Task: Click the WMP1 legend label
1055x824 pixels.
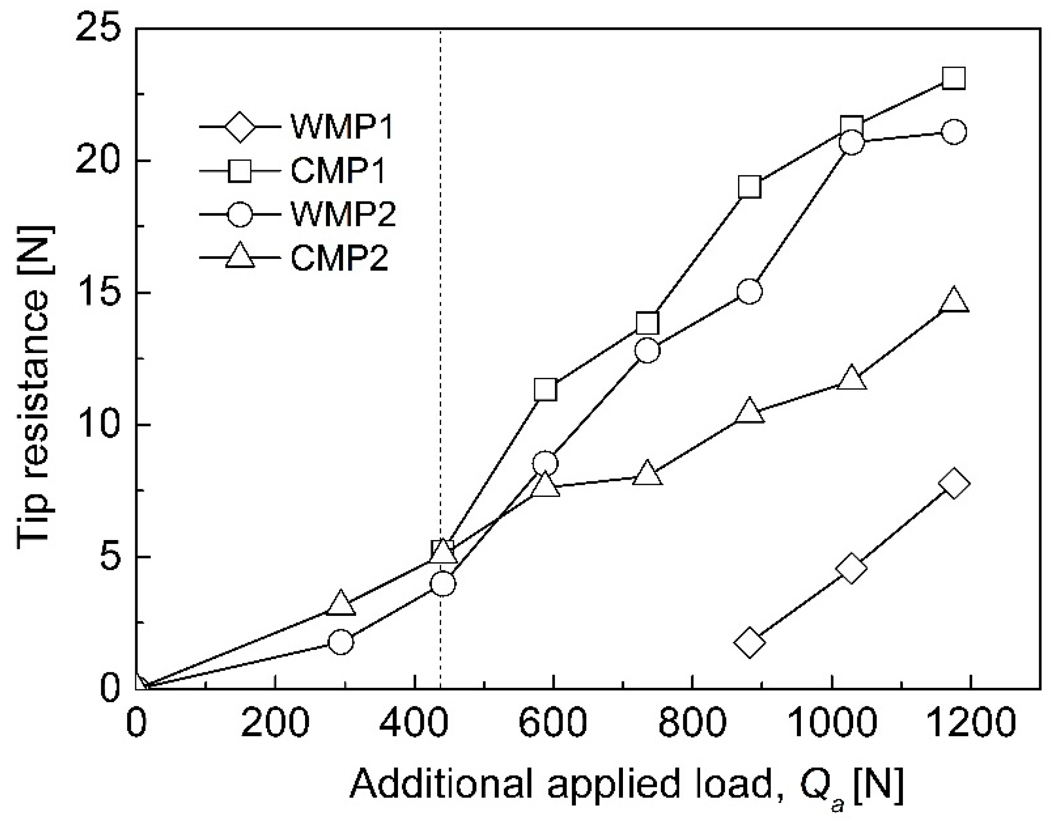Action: (342, 127)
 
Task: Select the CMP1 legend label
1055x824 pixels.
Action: (338, 170)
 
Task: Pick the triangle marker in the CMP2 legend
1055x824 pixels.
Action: (240, 257)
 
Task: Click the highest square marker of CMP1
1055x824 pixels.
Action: (953, 78)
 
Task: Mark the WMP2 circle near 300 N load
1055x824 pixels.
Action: (341, 641)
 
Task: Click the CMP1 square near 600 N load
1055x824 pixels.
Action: (545, 389)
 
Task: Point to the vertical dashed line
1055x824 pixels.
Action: (440, 338)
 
